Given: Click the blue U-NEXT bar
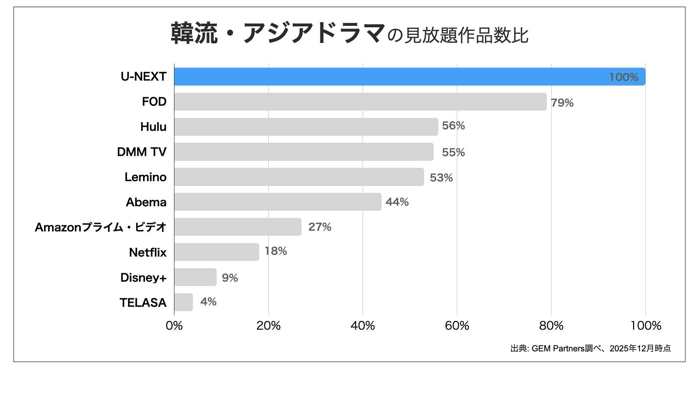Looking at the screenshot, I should pyautogui.click(x=410, y=76).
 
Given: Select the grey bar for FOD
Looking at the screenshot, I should pyautogui.click(x=360, y=102).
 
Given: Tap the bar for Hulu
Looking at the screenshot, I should pyautogui.click(x=306, y=127).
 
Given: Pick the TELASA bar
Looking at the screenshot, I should pyautogui.click(x=183, y=302).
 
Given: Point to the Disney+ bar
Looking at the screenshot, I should pyautogui.click(x=195, y=277).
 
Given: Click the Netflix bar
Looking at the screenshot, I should pyautogui.click(x=217, y=252).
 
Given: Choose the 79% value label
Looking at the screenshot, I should pyautogui.click(x=562, y=103).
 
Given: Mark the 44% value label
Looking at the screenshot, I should pyautogui.click(x=397, y=202).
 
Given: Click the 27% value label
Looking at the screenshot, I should pyautogui.click(x=320, y=227).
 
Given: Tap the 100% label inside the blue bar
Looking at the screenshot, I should pyautogui.click(x=623, y=77).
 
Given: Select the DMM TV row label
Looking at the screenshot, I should pyautogui.click(x=142, y=152).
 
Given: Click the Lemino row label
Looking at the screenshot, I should pyautogui.click(x=145, y=177).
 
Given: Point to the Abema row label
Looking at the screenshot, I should pyautogui.click(x=146, y=202).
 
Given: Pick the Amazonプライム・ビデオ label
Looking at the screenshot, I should pyautogui.click(x=100, y=227).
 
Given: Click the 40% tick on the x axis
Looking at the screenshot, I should pyautogui.click(x=363, y=326).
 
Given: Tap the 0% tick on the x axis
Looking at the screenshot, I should pyautogui.click(x=174, y=326).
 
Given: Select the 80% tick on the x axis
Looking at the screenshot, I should pyautogui.click(x=551, y=326).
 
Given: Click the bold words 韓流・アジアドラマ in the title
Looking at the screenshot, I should pyautogui.click(x=278, y=33).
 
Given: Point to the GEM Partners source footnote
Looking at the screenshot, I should pyautogui.click(x=590, y=349).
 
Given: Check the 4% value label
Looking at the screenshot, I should pyautogui.click(x=208, y=302).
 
